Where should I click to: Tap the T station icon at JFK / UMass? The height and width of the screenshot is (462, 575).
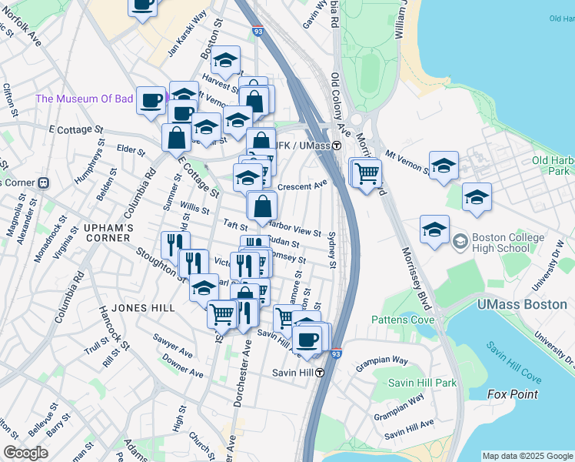coord(336,146)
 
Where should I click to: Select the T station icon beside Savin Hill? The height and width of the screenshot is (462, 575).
coord(318,373)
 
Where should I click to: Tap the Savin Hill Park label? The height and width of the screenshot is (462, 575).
coord(422,383)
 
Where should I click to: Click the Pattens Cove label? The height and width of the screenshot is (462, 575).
coord(404,320)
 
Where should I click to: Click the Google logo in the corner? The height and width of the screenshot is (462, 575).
coord(25,453)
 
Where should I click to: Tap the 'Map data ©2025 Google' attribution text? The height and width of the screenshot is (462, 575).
coord(527,456)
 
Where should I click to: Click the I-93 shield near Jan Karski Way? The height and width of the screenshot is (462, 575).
coord(259,32)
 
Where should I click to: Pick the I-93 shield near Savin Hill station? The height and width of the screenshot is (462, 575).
coord(337,353)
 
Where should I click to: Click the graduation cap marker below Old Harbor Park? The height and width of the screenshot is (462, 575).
coord(476,197)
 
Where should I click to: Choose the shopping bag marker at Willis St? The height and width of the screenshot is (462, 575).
coord(262,206)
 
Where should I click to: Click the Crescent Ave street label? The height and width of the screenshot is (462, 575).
coord(303,186)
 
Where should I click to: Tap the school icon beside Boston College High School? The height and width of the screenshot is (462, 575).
coord(459,240)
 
